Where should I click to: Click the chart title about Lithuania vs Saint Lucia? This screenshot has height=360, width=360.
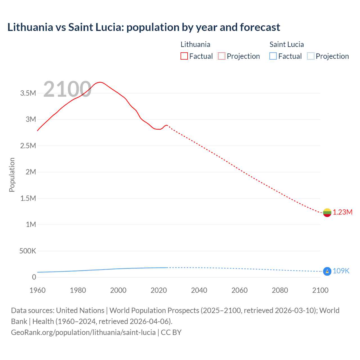coord(143,27)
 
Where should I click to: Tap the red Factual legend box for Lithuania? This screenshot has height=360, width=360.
coord(184,56)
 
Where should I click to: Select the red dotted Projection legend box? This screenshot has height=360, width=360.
coord(222,56)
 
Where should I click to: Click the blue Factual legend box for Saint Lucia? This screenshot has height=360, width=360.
coord(273,56)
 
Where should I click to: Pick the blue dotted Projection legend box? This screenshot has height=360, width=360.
coord(311,56)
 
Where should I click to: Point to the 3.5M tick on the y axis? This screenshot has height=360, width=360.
coord(28,93)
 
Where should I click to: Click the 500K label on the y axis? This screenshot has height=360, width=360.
coord(28,251)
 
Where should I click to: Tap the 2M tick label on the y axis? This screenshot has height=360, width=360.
coord(31,172)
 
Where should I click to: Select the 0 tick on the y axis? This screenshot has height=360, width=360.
coord(34,277)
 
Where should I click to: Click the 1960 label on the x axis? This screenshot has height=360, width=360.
coord(37,290)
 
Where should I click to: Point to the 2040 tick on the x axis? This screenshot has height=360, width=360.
coord(199,290)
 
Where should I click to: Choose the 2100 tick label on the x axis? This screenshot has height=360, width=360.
coord(320,290)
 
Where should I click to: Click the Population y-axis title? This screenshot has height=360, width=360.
coord(12,175)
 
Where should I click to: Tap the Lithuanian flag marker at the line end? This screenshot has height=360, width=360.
coord(327,213)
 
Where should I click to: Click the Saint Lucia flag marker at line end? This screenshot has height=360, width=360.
coord(327,271)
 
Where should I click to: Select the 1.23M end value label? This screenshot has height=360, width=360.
coord(343,212)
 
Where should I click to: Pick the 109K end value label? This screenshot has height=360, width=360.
coord(341,271)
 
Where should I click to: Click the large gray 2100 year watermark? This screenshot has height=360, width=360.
coord(67,89)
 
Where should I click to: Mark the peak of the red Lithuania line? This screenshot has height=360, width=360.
coord(100,82)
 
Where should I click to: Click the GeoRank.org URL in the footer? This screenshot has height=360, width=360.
coord(83,332)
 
